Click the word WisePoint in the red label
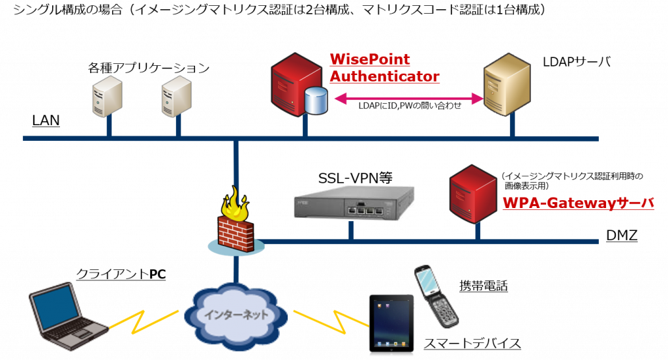click(x=370, y=59)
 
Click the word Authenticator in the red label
click(x=384, y=76)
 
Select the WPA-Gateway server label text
click(x=578, y=203)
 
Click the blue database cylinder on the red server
click(x=316, y=101)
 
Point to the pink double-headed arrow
click(x=408, y=99)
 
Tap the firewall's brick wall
click(x=235, y=232)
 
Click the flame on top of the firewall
click(x=235, y=205)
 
